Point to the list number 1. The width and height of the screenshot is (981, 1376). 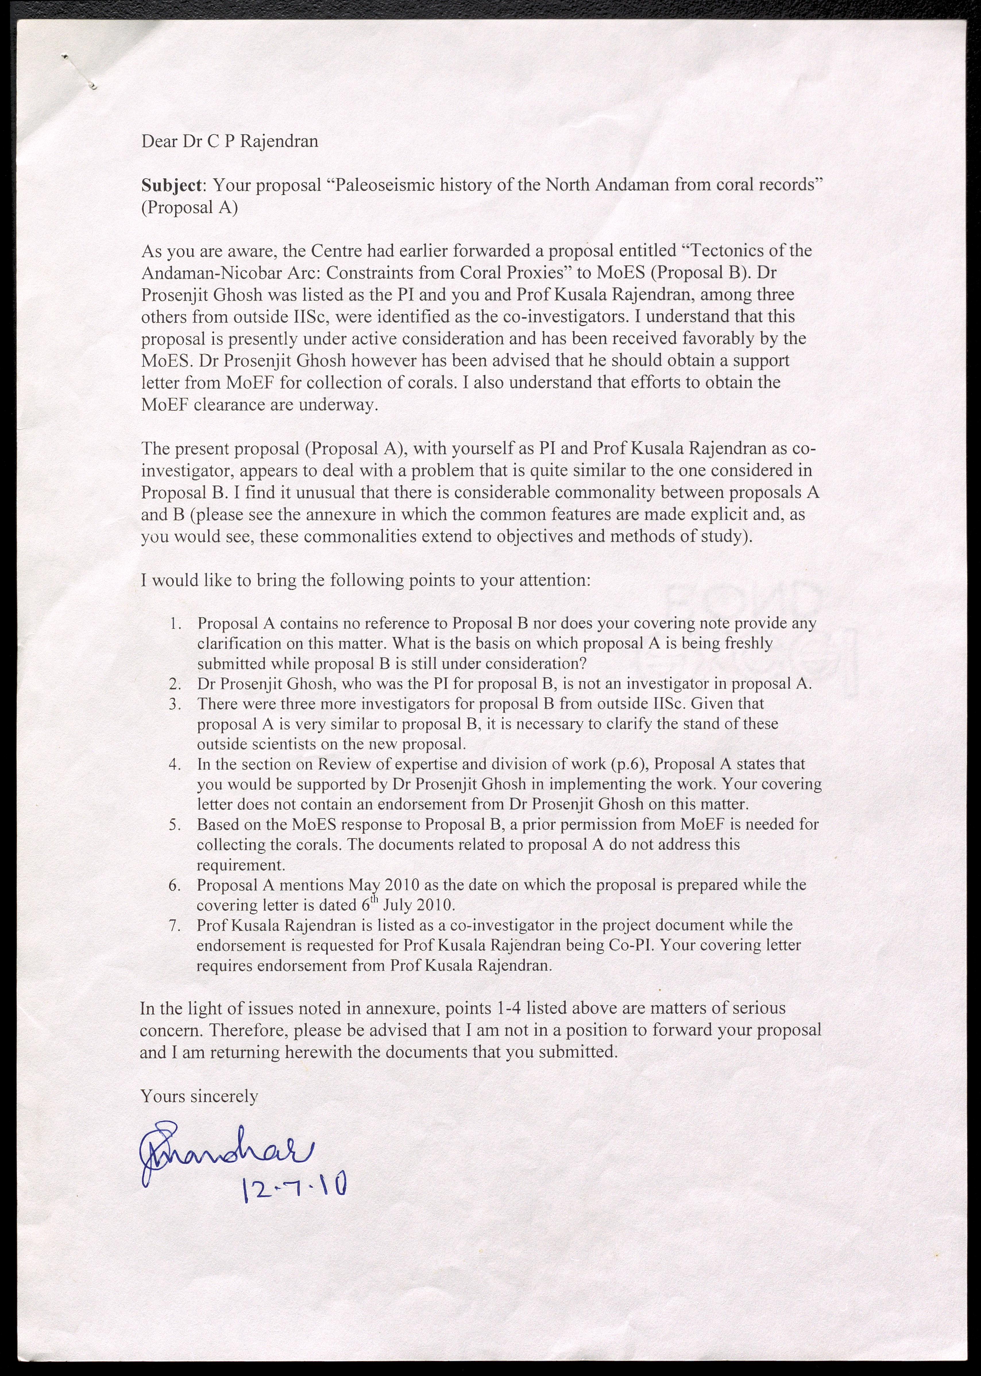[176, 623]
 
